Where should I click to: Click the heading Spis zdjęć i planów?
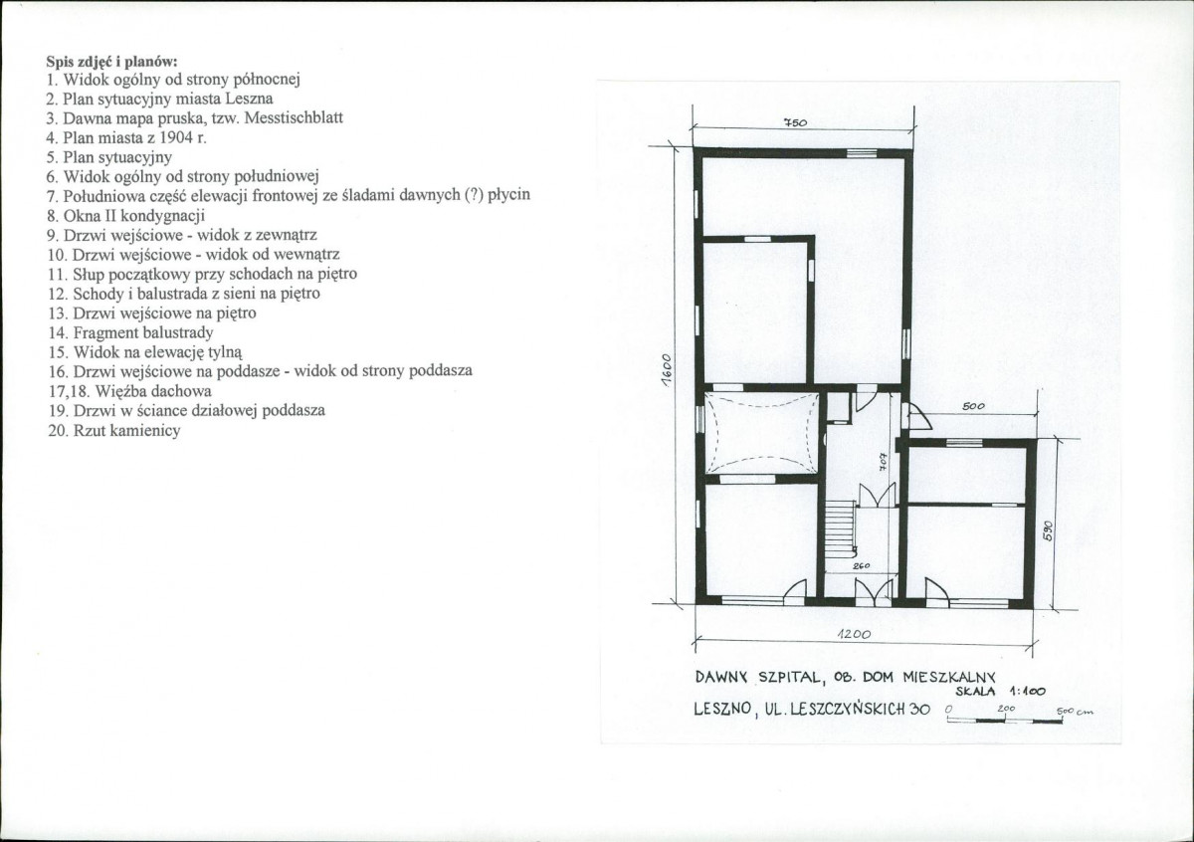point(111,62)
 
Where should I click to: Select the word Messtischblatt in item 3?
point(294,117)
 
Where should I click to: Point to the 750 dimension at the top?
point(795,122)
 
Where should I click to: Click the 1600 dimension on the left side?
point(666,370)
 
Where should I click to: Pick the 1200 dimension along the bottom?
point(854,635)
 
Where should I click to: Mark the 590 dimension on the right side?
point(1048,530)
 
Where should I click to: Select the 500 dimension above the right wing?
point(973,406)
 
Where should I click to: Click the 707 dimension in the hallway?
point(884,461)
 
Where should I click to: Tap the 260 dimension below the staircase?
point(862,565)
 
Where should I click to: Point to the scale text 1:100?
point(1028,692)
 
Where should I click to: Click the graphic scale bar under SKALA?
point(1004,721)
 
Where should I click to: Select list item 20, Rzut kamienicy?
point(114,430)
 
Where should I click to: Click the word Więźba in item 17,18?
point(121,391)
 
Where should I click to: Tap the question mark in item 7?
point(472,195)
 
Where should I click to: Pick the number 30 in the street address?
point(920,710)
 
